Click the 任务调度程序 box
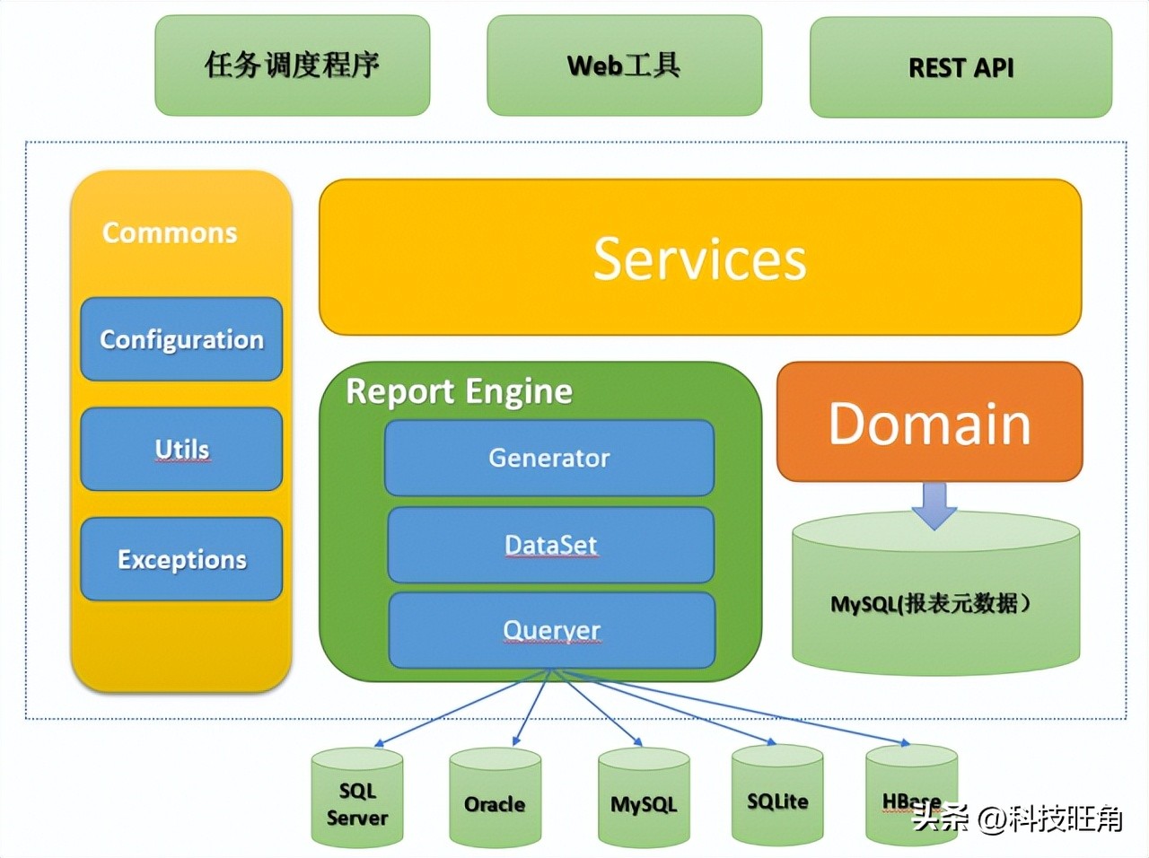(292, 66)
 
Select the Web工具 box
(624, 66)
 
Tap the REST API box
(960, 67)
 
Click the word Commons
(170, 232)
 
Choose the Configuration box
(181, 339)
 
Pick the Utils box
(181, 449)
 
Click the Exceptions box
(181, 559)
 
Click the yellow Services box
(700, 258)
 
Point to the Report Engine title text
(459, 391)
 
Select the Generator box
(549, 458)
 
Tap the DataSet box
(550, 545)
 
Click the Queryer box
(551, 630)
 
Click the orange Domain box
(929, 423)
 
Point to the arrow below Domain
(934, 505)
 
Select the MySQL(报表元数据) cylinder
(935, 601)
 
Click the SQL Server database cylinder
(357, 801)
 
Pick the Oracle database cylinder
(495, 801)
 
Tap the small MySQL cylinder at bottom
(644, 801)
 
